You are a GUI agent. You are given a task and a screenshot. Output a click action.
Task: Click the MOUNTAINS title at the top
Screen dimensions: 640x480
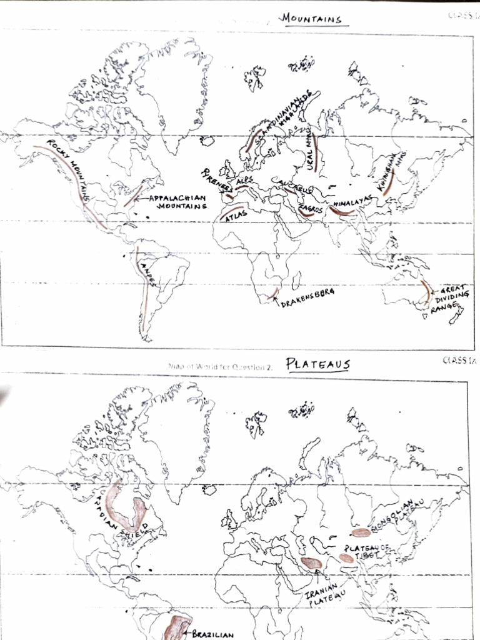[x=312, y=19]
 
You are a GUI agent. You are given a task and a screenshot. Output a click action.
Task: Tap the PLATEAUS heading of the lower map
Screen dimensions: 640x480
[x=318, y=364]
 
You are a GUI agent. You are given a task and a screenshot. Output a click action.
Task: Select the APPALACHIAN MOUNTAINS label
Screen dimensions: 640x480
[x=177, y=202]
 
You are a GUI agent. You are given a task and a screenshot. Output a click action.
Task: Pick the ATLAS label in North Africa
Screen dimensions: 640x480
[x=236, y=216]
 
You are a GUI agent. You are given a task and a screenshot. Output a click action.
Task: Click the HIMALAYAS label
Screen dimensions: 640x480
[x=353, y=202]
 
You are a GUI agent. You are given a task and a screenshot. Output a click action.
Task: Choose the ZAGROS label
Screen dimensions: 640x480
[x=311, y=209]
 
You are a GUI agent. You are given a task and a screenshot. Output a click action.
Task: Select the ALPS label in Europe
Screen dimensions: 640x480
[x=244, y=181]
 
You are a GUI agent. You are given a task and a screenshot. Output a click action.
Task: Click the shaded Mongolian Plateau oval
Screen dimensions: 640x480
[x=361, y=532]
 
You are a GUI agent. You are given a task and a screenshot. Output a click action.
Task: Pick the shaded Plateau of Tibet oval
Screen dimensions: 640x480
[x=346, y=557]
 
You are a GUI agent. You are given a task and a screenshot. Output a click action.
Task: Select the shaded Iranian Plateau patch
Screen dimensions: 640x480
[x=311, y=563]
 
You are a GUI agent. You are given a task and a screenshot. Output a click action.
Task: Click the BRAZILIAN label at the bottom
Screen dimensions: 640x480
[x=212, y=634]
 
